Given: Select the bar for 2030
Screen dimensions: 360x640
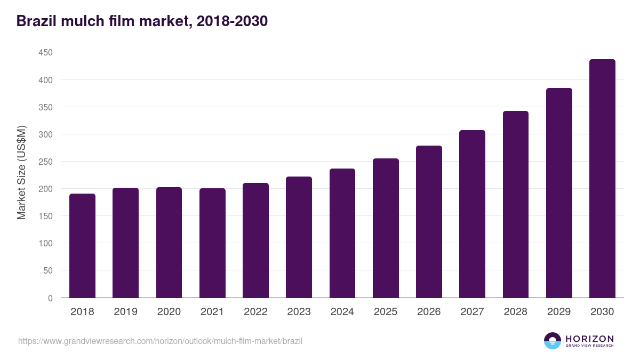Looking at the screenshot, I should pyautogui.click(x=602, y=179).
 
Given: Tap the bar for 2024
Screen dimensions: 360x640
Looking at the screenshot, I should pyautogui.click(x=342, y=233).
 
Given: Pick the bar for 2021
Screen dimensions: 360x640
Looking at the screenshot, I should pyautogui.click(x=212, y=243).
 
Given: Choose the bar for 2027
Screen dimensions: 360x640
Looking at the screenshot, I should pyautogui.click(x=472, y=214).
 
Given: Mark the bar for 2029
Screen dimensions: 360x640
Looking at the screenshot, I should pyautogui.click(x=559, y=193).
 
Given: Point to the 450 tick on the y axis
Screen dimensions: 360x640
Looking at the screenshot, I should pyautogui.click(x=45, y=53).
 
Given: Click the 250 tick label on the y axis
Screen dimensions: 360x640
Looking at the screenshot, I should pyautogui.click(x=45, y=162).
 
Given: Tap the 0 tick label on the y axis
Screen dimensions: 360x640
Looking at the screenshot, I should pyautogui.click(x=50, y=298).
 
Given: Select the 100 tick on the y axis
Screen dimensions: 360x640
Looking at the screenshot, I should pyautogui.click(x=45, y=244).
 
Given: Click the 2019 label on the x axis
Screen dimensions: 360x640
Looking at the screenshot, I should pyautogui.click(x=125, y=312).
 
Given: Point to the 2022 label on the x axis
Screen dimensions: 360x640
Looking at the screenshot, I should pyautogui.click(x=255, y=312).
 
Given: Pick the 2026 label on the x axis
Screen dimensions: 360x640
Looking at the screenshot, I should pyautogui.click(x=429, y=312).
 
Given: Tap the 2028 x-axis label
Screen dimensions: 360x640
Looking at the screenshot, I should pyautogui.click(x=515, y=312).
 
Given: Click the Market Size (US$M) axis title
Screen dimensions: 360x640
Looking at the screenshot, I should pyautogui.click(x=21, y=173).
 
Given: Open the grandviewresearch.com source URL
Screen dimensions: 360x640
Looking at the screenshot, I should pyautogui.click(x=160, y=341).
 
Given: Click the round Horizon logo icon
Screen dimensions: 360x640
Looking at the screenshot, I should pyautogui.click(x=553, y=341).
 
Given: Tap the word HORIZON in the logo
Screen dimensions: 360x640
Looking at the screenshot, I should pyautogui.click(x=589, y=338).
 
